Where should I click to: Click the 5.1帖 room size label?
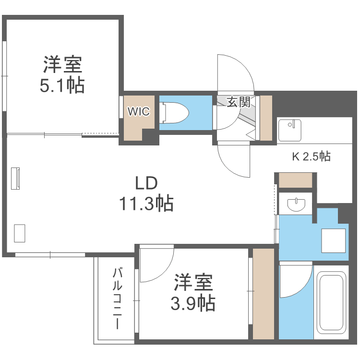click(x=62, y=85)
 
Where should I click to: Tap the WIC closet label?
click(x=138, y=112)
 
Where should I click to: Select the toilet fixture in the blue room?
click(x=176, y=114)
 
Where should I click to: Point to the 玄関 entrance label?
click(x=239, y=102)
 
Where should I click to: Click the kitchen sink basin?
click(x=289, y=128)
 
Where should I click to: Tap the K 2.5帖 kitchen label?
click(x=311, y=156)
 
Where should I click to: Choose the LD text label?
click(x=145, y=183)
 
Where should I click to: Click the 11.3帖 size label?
click(x=145, y=204)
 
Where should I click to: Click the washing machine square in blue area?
click(x=333, y=240)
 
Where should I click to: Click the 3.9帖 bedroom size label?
click(x=193, y=303)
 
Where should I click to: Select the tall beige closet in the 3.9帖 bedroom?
click(x=263, y=294)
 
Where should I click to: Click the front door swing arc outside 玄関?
click(x=235, y=72)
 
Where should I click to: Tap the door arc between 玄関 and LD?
click(x=234, y=161)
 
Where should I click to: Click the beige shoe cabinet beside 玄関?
click(x=265, y=118)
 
